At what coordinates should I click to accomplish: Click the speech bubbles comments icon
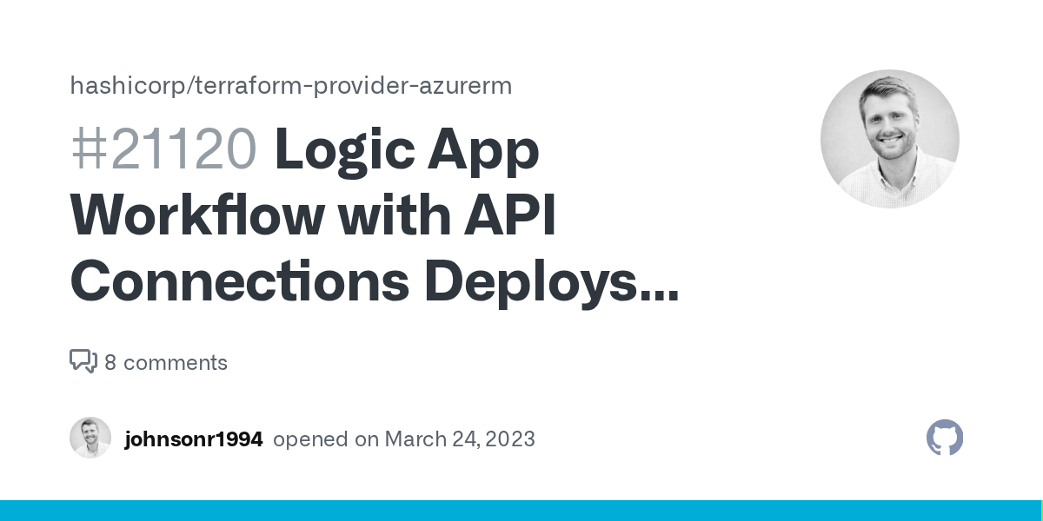point(83,361)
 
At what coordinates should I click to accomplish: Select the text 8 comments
point(166,362)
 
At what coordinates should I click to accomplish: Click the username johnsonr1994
point(193,439)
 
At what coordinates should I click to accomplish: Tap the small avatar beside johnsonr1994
point(90,438)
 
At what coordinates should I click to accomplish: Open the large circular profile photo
point(889,139)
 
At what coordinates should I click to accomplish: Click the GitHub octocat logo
point(945,438)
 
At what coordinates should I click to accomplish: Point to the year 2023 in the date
point(510,439)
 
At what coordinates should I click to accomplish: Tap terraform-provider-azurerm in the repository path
point(354,86)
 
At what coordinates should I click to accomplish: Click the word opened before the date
point(310,439)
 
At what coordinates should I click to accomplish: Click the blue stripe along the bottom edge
point(521,511)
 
